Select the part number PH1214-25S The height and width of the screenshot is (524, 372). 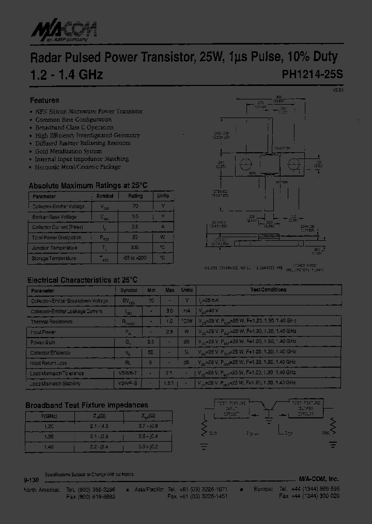312,75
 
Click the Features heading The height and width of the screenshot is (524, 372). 44,100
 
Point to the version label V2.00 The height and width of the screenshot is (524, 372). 337,90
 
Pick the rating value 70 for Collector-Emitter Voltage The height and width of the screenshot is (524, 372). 135,207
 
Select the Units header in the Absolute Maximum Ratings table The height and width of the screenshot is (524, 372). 163,196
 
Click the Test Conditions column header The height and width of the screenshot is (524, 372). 268,290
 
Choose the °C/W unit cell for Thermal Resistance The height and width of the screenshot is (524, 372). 187,322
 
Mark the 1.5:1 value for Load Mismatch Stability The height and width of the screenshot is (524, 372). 168,384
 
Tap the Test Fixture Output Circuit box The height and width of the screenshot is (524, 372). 306,407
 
